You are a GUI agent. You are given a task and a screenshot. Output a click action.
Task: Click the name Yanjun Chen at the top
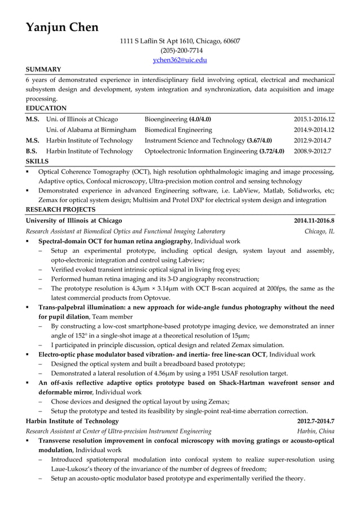(62, 27)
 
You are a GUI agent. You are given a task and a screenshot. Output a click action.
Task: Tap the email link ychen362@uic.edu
(180, 59)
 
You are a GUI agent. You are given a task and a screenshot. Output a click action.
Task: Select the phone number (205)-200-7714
(180, 50)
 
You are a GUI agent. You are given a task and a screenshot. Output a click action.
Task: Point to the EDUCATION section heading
(46, 108)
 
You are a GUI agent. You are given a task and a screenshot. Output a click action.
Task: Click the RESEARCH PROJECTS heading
(60, 209)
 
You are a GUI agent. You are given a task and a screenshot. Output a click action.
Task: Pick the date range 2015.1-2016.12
(314, 119)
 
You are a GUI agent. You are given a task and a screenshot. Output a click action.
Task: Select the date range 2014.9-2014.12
(314, 130)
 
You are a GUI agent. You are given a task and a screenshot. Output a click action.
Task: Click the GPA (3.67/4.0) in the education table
(260, 141)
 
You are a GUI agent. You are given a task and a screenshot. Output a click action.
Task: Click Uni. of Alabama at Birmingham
(91, 130)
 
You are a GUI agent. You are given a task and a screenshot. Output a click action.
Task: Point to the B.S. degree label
(32, 151)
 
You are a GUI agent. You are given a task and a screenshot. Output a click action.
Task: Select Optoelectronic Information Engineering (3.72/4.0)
(214, 151)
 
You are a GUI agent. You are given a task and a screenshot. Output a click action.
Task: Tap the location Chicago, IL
(319, 231)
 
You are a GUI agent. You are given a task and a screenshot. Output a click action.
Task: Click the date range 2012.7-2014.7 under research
(315, 421)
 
